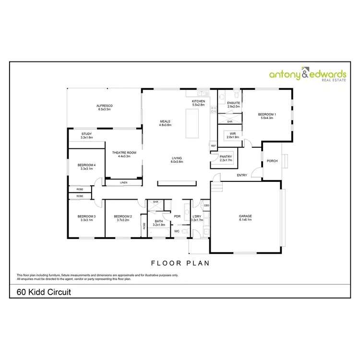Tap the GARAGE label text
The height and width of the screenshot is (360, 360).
tap(245, 216)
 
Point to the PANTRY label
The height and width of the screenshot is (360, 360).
tap(226, 156)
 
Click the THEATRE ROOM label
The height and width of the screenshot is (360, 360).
tap(124, 153)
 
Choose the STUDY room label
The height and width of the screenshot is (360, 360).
tap(86, 134)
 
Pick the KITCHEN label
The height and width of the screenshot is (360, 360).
tap(199, 101)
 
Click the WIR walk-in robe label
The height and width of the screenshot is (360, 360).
tap(233, 134)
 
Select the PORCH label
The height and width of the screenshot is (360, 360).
tap(272, 161)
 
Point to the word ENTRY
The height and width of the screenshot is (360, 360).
tap(242, 175)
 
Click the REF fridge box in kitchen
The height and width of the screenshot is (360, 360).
tap(213, 145)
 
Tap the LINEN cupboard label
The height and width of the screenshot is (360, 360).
tap(123, 183)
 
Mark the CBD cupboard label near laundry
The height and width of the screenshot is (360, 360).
tap(206, 205)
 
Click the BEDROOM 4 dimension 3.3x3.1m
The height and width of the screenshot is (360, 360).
tap(87, 169)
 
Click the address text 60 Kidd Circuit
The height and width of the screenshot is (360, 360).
tap(44, 291)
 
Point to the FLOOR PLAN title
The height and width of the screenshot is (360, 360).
tap(180, 263)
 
